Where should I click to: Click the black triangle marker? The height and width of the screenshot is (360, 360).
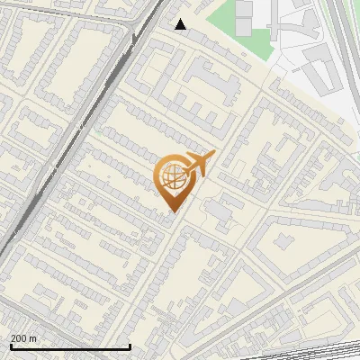[181, 24]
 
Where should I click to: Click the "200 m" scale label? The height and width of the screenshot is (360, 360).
[24, 338]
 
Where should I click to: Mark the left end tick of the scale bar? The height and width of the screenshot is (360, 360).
[11, 346]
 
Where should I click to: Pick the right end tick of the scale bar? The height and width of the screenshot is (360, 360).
[130, 346]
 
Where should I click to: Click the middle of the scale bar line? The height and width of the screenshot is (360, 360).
[70, 347]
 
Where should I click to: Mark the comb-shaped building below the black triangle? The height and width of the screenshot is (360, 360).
[216, 85]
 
